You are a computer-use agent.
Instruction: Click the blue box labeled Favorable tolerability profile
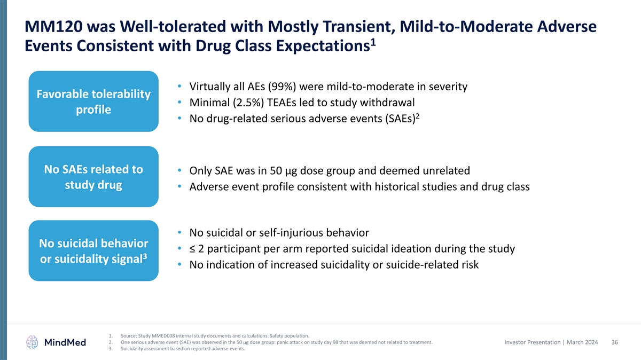click(93, 101)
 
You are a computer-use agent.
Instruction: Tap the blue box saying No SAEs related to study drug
click(93, 177)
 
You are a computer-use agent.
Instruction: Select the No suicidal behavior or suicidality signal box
click(93, 251)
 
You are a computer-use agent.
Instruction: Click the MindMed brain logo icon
click(33, 342)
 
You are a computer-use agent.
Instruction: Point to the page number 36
click(614, 342)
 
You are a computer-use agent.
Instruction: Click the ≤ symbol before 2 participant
click(193, 249)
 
